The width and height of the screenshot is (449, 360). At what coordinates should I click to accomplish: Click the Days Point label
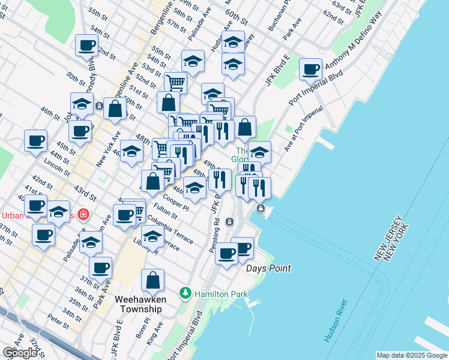[268, 268]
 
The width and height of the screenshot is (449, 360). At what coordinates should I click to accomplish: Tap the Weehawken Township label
[139, 304]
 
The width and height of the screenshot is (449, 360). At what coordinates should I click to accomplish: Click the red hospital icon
[83, 215]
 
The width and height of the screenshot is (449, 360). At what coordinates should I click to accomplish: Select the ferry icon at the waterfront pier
[261, 209]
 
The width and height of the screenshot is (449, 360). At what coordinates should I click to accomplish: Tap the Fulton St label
[165, 211]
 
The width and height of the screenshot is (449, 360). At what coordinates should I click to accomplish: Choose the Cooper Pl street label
[176, 202]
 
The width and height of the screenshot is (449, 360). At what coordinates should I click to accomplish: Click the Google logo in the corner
[19, 352]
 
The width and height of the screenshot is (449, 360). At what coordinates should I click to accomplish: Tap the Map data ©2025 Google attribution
[411, 355]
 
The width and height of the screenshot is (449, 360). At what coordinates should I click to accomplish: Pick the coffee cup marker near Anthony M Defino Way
[310, 70]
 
